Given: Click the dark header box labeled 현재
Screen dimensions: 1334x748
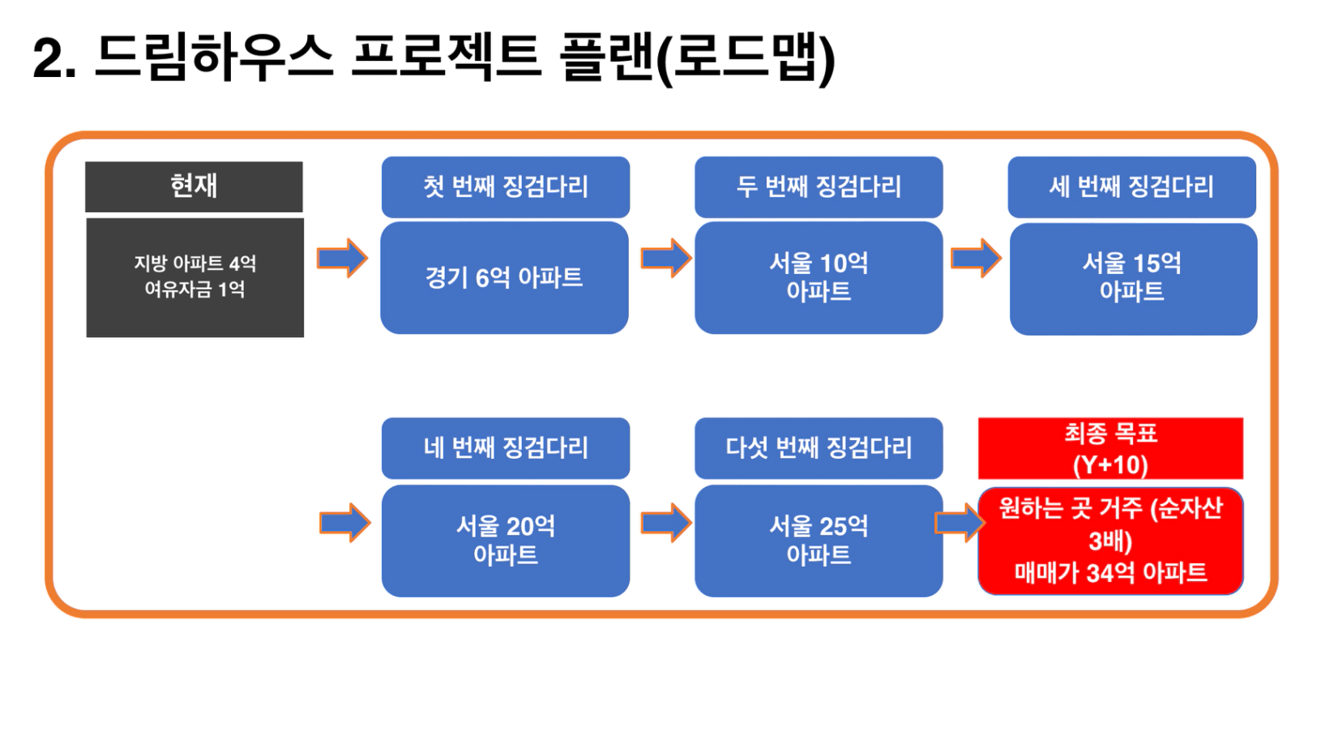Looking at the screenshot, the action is [195, 186].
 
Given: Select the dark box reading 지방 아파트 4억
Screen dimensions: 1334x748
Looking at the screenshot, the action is [195, 277].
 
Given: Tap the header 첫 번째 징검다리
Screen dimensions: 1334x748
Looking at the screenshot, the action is [506, 187].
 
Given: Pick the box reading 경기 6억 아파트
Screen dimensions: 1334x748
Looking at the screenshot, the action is [504, 277].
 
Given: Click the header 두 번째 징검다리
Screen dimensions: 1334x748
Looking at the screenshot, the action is [819, 187].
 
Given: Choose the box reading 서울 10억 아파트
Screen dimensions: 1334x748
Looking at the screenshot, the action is [819, 277].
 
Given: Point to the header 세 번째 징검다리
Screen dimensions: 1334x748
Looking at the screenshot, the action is [1132, 187].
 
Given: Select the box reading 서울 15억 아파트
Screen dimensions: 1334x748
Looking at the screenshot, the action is [1133, 279].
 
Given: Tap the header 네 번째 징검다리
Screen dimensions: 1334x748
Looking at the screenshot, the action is [506, 448].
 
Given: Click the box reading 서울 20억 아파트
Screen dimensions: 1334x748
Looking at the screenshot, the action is [506, 541].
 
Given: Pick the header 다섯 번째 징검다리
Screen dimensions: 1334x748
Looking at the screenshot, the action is [819, 448].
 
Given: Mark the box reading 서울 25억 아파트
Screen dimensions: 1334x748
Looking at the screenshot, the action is [819, 541].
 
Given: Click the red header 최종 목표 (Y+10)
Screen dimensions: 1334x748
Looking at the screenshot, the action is [1110, 448].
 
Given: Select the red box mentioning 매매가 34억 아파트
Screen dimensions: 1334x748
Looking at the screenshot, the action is [1110, 541].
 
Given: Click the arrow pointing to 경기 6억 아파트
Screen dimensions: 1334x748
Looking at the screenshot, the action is [343, 259].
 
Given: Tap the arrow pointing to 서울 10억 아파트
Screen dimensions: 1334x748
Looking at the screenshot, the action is [666, 259].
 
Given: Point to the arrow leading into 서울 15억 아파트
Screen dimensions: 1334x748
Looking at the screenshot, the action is [976, 259].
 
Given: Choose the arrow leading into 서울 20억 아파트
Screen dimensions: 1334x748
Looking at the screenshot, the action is [345, 523].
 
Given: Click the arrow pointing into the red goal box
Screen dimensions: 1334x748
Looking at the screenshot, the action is [960, 523].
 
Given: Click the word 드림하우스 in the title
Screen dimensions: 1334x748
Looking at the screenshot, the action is [214, 58].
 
